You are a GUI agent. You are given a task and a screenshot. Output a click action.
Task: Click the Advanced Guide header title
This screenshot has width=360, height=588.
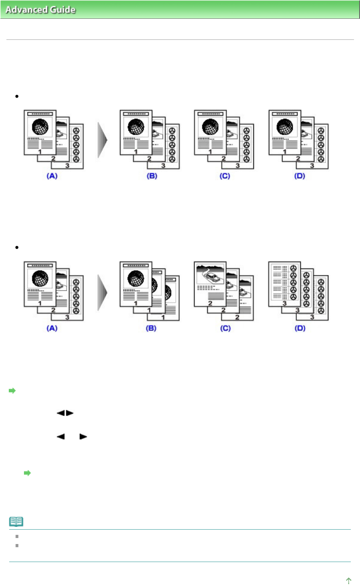pos(40,10)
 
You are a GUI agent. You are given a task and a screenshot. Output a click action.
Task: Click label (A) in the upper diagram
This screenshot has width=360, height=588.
pos(52,176)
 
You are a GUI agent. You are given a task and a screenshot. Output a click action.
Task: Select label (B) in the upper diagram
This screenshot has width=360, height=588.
pos(151,176)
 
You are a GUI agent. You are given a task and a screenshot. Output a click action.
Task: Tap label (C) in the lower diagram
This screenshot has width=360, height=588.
pos(225,328)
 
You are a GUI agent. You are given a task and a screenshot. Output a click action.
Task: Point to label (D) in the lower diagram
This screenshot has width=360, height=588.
pos(300,328)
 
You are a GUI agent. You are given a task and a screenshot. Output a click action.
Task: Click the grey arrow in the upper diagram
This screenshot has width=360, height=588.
pos(103,140)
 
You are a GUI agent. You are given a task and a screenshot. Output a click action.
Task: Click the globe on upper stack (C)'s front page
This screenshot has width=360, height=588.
pos(210,128)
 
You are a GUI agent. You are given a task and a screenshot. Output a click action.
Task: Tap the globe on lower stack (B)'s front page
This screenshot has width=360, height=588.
pos(136,279)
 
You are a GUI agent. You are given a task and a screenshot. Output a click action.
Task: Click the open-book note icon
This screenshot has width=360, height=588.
pos(16,521)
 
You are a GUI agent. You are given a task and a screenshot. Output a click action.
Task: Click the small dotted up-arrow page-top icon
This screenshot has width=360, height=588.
pos(348,580)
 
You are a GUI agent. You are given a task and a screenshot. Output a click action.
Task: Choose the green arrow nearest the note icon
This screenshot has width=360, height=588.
pos(27,473)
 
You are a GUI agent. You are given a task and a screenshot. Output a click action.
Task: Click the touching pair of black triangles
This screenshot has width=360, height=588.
pos(65,413)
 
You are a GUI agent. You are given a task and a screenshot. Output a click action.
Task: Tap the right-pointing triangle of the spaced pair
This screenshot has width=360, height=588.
pos(83,437)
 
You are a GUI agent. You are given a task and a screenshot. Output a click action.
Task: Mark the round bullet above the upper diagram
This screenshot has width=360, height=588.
pos(17,96)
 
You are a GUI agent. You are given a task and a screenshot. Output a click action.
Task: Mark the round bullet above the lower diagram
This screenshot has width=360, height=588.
pos(17,247)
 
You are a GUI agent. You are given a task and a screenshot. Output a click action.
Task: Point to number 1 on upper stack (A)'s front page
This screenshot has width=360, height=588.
pos(40,152)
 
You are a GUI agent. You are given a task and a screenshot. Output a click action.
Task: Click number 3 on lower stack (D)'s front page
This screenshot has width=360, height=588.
pos(284,303)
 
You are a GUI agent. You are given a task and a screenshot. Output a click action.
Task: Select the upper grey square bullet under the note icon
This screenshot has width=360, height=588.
pos(17,536)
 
